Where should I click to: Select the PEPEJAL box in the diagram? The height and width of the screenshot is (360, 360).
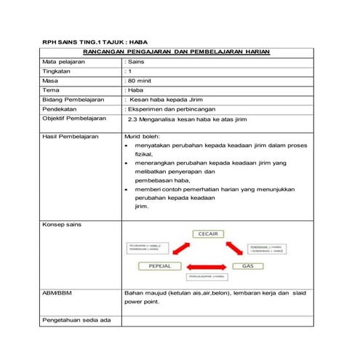[159, 266]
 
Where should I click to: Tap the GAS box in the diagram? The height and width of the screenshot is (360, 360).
[247, 266]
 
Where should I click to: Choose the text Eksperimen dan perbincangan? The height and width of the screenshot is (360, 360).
[169, 108]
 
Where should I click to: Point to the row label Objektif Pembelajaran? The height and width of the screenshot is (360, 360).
[74, 118]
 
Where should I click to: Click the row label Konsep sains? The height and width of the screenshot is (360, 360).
[62, 225]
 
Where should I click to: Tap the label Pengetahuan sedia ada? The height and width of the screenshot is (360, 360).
[76, 320]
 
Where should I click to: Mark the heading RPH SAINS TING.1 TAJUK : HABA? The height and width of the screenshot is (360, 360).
[100, 43]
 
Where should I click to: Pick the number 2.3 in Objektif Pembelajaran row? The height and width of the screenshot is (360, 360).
[132, 118]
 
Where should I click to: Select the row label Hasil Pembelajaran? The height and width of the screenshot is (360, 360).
[71, 136]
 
